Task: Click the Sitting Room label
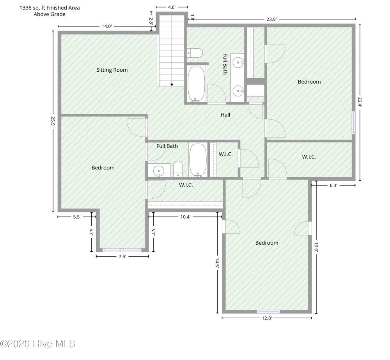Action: (112, 70)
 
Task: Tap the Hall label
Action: (225, 115)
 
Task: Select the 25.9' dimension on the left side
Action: (53, 122)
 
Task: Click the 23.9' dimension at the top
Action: (271, 19)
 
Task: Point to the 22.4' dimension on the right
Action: (360, 102)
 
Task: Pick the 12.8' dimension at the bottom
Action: (267, 318)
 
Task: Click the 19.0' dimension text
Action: (316, 247)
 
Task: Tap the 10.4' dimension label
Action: (185, 217)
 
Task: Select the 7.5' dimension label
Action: (122, 257)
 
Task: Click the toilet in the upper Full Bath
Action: (195, 53)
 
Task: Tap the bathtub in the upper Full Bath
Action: (196, 84)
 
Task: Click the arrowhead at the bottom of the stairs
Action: (172, 85)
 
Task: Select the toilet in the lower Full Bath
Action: (178, 169)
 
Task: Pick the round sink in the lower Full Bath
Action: (158, 171)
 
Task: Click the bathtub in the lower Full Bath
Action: (198, 160)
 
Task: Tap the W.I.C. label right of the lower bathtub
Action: (225, 154)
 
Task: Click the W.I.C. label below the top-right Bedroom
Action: (309, 157)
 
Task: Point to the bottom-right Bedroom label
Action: (267, 243)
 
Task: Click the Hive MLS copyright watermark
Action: (38, 344)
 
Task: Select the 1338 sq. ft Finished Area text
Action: (50, 8)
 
